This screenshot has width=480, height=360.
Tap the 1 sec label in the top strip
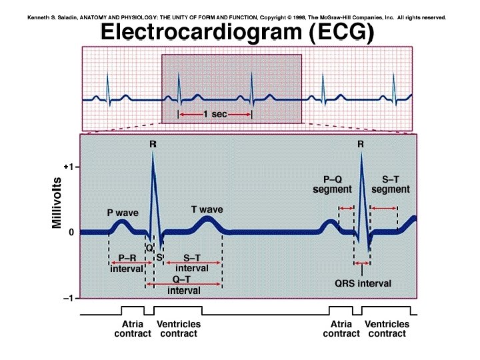click(x=215, y=115)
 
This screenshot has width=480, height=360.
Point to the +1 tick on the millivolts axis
click(x=68, y=167)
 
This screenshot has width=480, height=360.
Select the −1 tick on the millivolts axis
click(x=68, y=298)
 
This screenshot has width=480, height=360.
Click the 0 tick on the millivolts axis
click(x=70, y=233)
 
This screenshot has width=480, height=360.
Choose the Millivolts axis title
click(x=57, y=203)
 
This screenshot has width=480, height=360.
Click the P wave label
click(x=123, y=213)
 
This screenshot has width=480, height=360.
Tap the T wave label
click(x=207, y=209)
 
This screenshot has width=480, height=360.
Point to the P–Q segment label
click(x=332, y=185)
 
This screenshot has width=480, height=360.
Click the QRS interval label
click(x=363, y=283)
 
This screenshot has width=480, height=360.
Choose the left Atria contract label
click(x=133, y=329)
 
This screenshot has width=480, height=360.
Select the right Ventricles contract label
click(x=387, y=329)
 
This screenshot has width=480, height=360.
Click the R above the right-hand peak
click(x=361, y=143)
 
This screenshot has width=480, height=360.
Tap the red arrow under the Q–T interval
click(x=184, y=285)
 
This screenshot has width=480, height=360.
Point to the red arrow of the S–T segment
click(x=383, y=209)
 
